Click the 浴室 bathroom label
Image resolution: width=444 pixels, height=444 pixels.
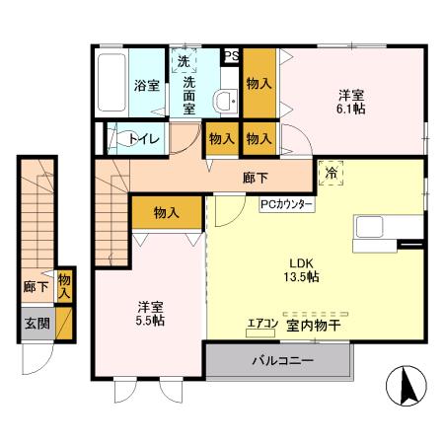tap(146, 86)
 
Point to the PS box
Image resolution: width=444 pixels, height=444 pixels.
tap(231, 57)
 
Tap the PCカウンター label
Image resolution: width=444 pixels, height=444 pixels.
tap(287, 204)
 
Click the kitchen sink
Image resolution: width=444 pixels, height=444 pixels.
tap(371, 227)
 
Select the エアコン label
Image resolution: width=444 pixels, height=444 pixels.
tap(261, 324)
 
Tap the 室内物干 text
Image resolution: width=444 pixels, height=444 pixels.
tap(314, 324)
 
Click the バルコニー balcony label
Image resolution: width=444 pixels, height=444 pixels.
tap(281, 361)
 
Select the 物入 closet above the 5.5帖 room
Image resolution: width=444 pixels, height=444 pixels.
tap(166, 211)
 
